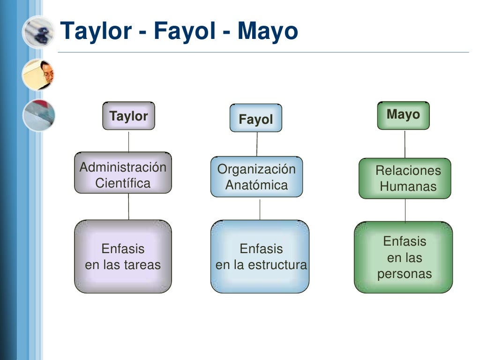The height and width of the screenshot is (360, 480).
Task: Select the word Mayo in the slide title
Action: click(x=267, y=31)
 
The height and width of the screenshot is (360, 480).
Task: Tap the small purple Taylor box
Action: click(x=128, y=116)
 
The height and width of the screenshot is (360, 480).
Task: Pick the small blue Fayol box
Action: click(x=255, y=119)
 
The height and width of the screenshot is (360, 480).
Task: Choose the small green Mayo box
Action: click(x=403, y=115)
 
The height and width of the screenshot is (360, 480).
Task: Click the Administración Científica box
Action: click(x=123, y=173)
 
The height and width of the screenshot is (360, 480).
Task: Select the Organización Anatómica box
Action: click(x=256, y=177)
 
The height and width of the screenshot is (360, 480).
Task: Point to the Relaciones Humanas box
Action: click(x=405, y=178)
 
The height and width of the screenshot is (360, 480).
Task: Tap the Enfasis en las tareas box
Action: click(x=123, y=256)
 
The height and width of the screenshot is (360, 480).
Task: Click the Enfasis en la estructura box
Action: click(x=260, y=256)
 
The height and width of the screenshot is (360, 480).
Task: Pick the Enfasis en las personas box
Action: click(x=403, y=257)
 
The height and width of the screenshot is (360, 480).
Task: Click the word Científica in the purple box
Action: click(x=123, y=183)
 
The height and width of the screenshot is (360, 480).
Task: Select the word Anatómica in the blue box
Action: click(x=256, y=185)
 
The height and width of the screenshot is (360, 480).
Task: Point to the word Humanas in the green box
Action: click(x=408, y=186)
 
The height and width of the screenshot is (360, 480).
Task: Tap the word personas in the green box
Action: click(x=404, y=274)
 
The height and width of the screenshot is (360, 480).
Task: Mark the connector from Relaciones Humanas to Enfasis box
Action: click(x=405, y=210)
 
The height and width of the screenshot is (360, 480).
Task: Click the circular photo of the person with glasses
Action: click(x=38, y=75)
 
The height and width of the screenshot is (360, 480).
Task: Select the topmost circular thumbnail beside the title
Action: click(x=38, y=32)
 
